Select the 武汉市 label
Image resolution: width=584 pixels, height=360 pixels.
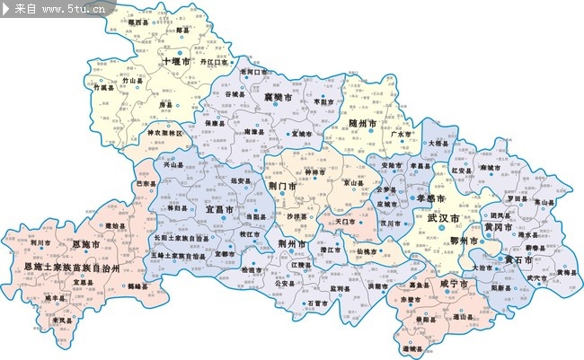tap(444, 218)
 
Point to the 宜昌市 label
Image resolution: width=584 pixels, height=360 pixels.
tap(220, 208)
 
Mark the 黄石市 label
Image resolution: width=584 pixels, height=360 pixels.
tap(518, 259)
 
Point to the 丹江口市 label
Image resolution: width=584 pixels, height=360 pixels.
tap(217, 63)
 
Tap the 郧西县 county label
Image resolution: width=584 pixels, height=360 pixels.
tap(138, 22)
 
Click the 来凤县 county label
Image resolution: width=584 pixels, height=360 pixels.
tap(62, 320)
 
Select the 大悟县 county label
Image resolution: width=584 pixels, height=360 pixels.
tap(438, 143)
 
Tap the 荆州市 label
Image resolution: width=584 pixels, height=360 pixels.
tap(293, 243)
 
